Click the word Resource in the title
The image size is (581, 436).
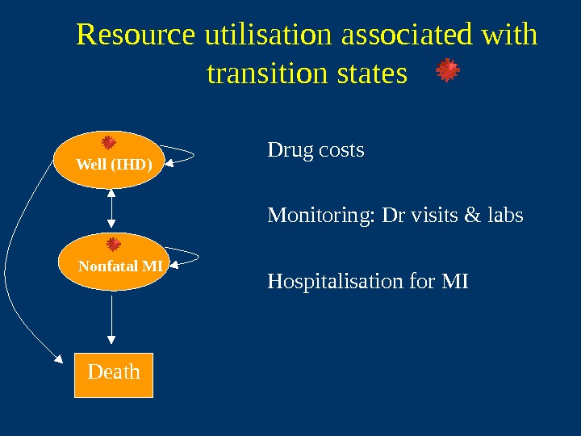pos(136,36)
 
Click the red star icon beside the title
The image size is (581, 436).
pos(448,71)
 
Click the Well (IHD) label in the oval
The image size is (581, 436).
pos(114,165)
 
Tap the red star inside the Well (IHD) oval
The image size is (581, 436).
pos(109,143)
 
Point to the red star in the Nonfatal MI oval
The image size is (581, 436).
pos(114,244)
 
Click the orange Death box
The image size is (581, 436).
pos(114,375)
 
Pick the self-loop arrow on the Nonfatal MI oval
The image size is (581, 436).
pos(187,257)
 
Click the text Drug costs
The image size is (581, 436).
pos(316,151)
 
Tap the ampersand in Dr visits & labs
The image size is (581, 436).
pos(473,216)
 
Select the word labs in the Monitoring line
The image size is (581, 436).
pos(505,216)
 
